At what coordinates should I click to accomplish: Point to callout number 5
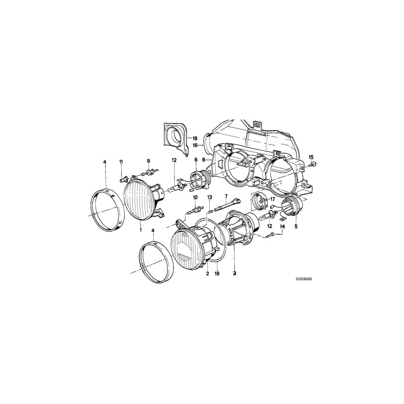pyautogui.click(x=296, y=227)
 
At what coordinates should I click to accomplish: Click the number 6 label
pyautogui.click(x=196, y=160)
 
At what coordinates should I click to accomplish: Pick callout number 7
pyautogui.click(x=226, y=196)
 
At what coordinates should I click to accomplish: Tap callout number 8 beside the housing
pyautogui.click(x=204, y=159)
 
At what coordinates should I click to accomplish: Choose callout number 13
pyautogui.click(x=209, y=198)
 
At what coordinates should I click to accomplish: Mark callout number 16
pyautogui.click(x=196, y=145)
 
